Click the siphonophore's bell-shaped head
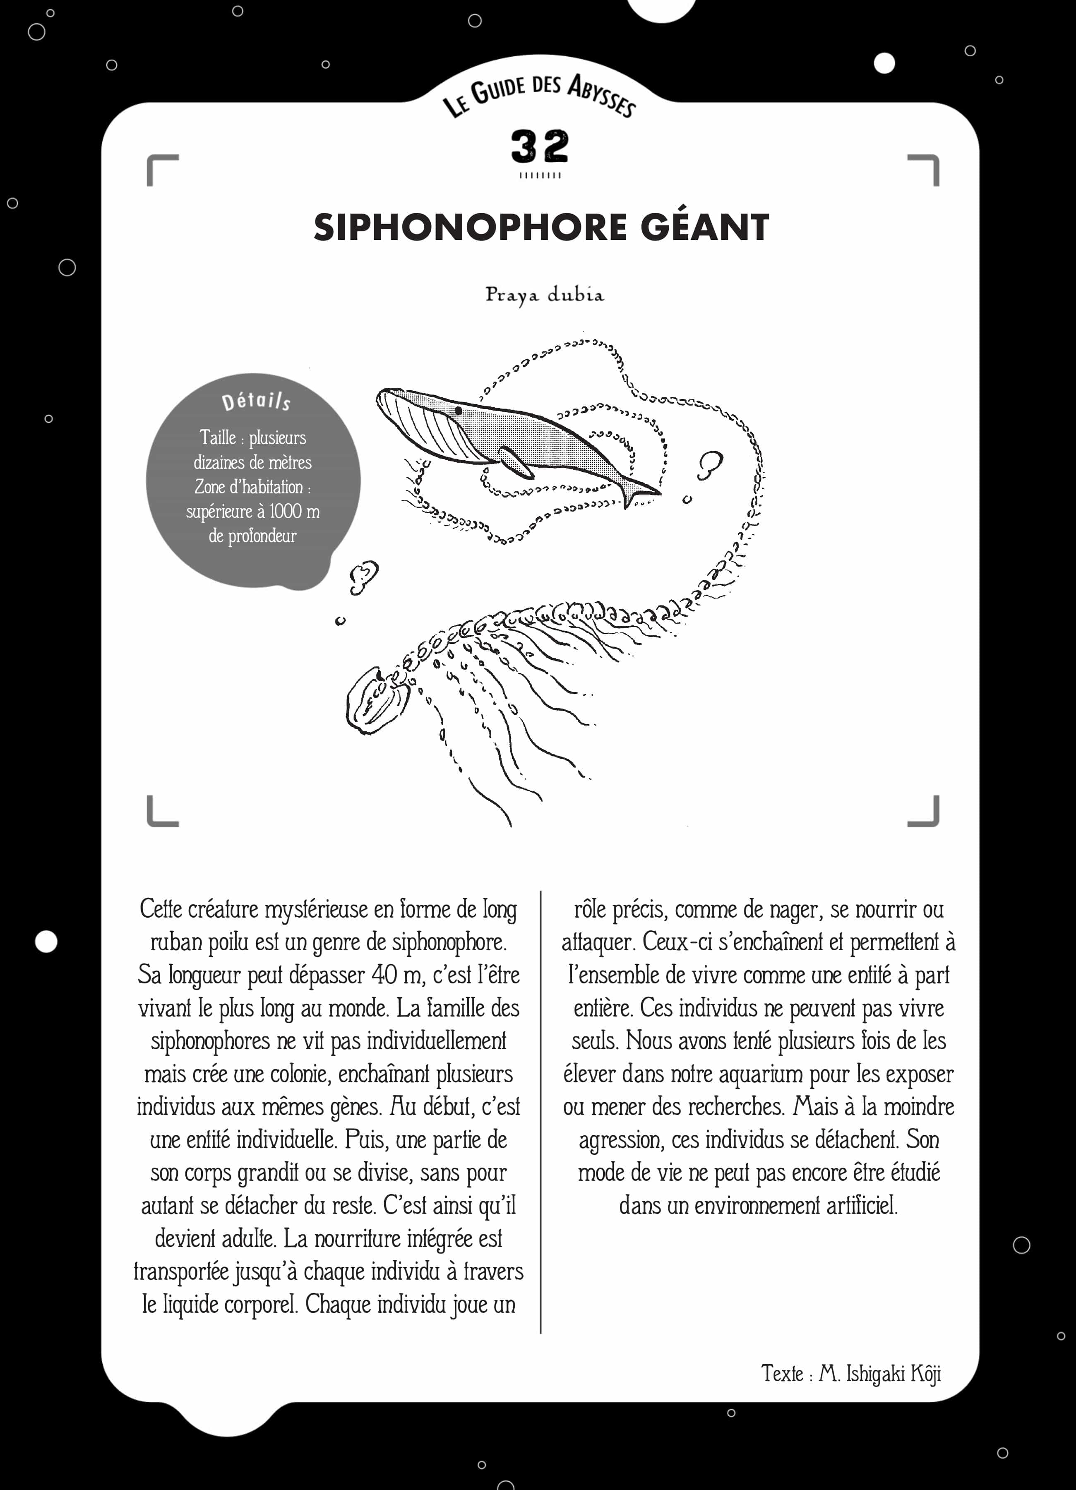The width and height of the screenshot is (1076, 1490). [377, 700]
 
